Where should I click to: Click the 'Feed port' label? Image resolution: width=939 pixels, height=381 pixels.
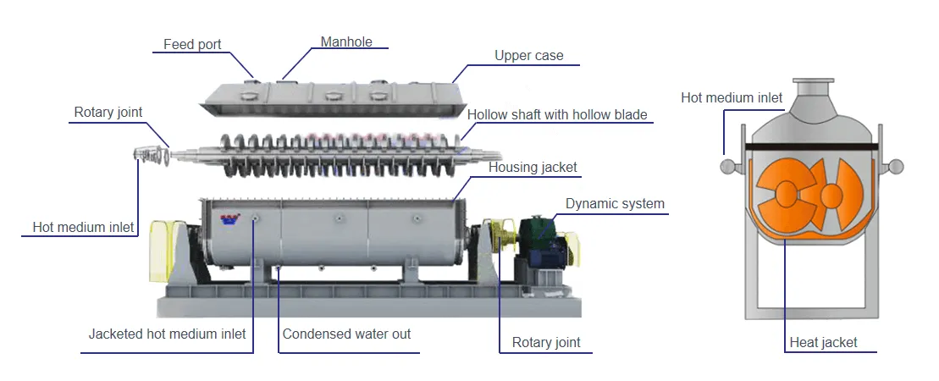192,44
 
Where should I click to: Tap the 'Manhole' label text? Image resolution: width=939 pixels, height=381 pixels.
346,41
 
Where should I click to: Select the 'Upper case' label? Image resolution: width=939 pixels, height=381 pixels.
528,56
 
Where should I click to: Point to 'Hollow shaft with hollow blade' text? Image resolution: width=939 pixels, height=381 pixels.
557,114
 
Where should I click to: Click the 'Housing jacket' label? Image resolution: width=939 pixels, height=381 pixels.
533,168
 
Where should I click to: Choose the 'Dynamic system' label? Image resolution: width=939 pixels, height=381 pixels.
615,203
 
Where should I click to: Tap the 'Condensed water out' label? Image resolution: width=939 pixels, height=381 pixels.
346,334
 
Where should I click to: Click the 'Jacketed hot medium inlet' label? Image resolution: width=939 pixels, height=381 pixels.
167,334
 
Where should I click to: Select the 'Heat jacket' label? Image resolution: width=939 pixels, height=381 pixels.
823,342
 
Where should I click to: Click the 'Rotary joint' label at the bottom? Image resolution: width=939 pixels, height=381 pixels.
546,342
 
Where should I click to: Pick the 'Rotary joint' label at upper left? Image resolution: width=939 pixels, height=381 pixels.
108,112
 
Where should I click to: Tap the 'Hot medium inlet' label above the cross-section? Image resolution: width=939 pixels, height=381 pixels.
732,97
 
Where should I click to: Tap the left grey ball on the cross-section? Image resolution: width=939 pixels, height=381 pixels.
727,167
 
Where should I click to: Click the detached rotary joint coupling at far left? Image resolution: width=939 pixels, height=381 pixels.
149,153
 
